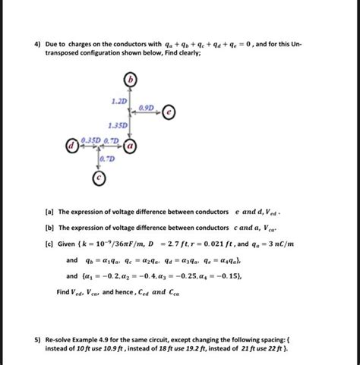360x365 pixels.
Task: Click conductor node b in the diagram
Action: pyautogui.click(x=132, y=80)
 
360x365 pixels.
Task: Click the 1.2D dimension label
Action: pyautogui.click(x=120, y=100)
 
